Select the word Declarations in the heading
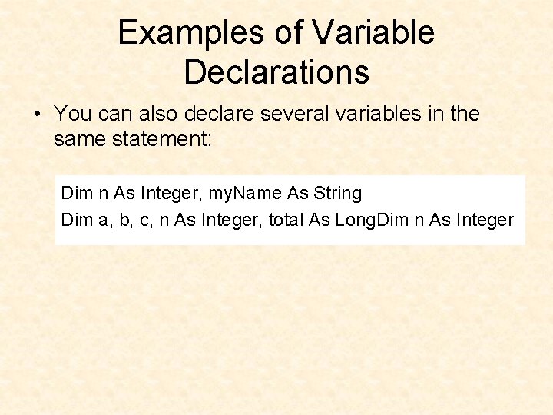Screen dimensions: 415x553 (x=276, y=72)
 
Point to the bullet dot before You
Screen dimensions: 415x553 (x=37, y=115)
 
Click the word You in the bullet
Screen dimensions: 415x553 (x=73, y=114)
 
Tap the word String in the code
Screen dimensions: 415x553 (x=337, y=192)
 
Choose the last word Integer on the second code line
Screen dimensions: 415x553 (x=484, y=220)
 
